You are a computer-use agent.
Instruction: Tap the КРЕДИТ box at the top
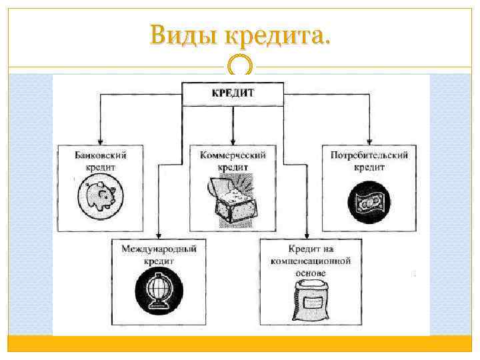click(x=233, y=93)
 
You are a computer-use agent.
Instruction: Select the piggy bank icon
click(x=100, y=197)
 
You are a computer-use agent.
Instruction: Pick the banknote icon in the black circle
click(x=366, y=201)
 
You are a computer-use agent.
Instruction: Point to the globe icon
click(x=157, y=293)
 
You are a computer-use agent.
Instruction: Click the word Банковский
click(x=100, y=155)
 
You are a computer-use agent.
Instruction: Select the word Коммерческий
click(x=233, y=155)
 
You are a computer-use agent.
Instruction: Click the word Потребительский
click(x=369, y=155)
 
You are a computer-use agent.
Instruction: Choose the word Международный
click(x=159, y=249)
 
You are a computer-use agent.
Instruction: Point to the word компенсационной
click(x=310, y=261)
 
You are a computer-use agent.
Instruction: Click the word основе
click(x=311, y=273)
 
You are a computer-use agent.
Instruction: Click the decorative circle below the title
click(x=240, y=66)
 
